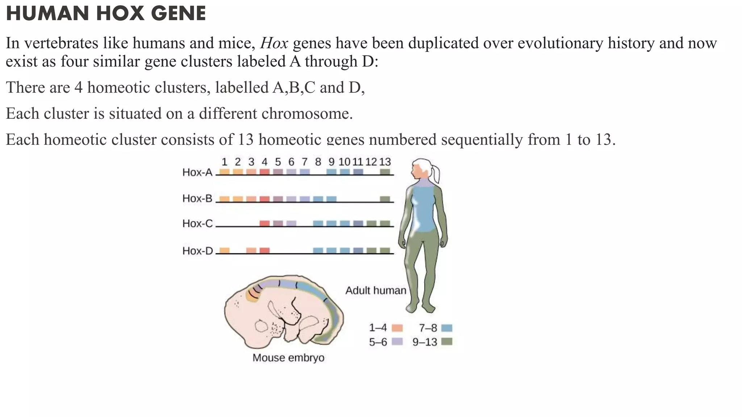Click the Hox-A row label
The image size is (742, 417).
pos(197,172)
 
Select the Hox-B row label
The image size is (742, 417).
pos(197,198)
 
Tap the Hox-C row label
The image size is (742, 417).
pos(197,224)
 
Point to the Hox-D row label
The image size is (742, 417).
pos(197,251)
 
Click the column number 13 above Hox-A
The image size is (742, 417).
pos(385,162)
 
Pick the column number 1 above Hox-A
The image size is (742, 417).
pos(224,162)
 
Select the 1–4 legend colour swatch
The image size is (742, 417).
pos(397,328)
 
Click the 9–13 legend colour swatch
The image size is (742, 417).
pos(447,341)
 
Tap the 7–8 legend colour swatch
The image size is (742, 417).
pos(447,328)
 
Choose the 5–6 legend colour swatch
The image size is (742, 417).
pos(397,341)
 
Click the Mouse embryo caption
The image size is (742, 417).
pos(288,358)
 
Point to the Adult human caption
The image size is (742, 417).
pos(376,290)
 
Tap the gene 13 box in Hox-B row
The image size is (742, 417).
pos(385,199)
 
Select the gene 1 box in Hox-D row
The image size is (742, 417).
pos(225,250)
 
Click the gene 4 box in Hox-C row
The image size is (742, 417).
pos(265,223)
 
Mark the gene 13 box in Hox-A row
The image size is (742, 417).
pos(385,172)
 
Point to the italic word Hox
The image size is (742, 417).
pos(274,43)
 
